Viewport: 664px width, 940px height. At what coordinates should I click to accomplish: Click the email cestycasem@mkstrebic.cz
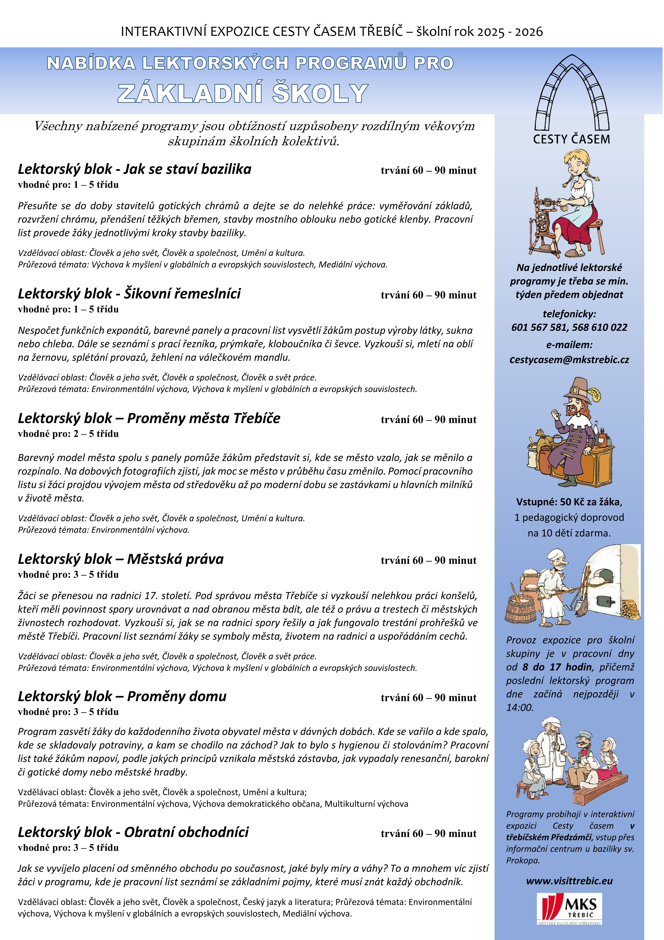(569, 360)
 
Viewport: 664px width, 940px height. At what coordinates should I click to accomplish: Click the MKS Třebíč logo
(569, 909)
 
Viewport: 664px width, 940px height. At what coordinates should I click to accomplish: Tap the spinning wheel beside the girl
(544, 221)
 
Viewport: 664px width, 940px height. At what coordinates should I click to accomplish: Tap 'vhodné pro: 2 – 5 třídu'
(68, 434)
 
